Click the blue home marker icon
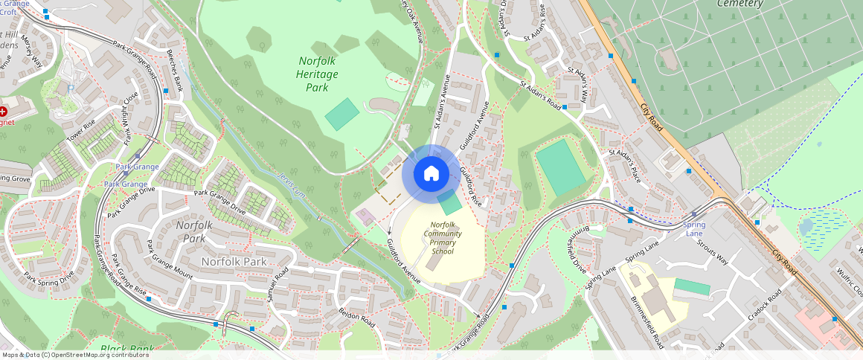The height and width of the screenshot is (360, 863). (x=431, y=174)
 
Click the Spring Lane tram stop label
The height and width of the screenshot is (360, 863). (x=693, y=229)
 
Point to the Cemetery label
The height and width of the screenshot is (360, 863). (x=740, y=4)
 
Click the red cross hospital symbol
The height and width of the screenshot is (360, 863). (x=3, y=111)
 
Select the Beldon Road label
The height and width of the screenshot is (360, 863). (x=356, y=316)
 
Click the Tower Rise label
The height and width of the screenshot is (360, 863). (x=81, y=132)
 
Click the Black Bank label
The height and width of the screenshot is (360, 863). (x=127, y=348)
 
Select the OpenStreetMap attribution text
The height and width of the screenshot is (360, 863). (x=75, y=355)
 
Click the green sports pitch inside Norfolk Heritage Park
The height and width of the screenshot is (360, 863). (x=342, y=114)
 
